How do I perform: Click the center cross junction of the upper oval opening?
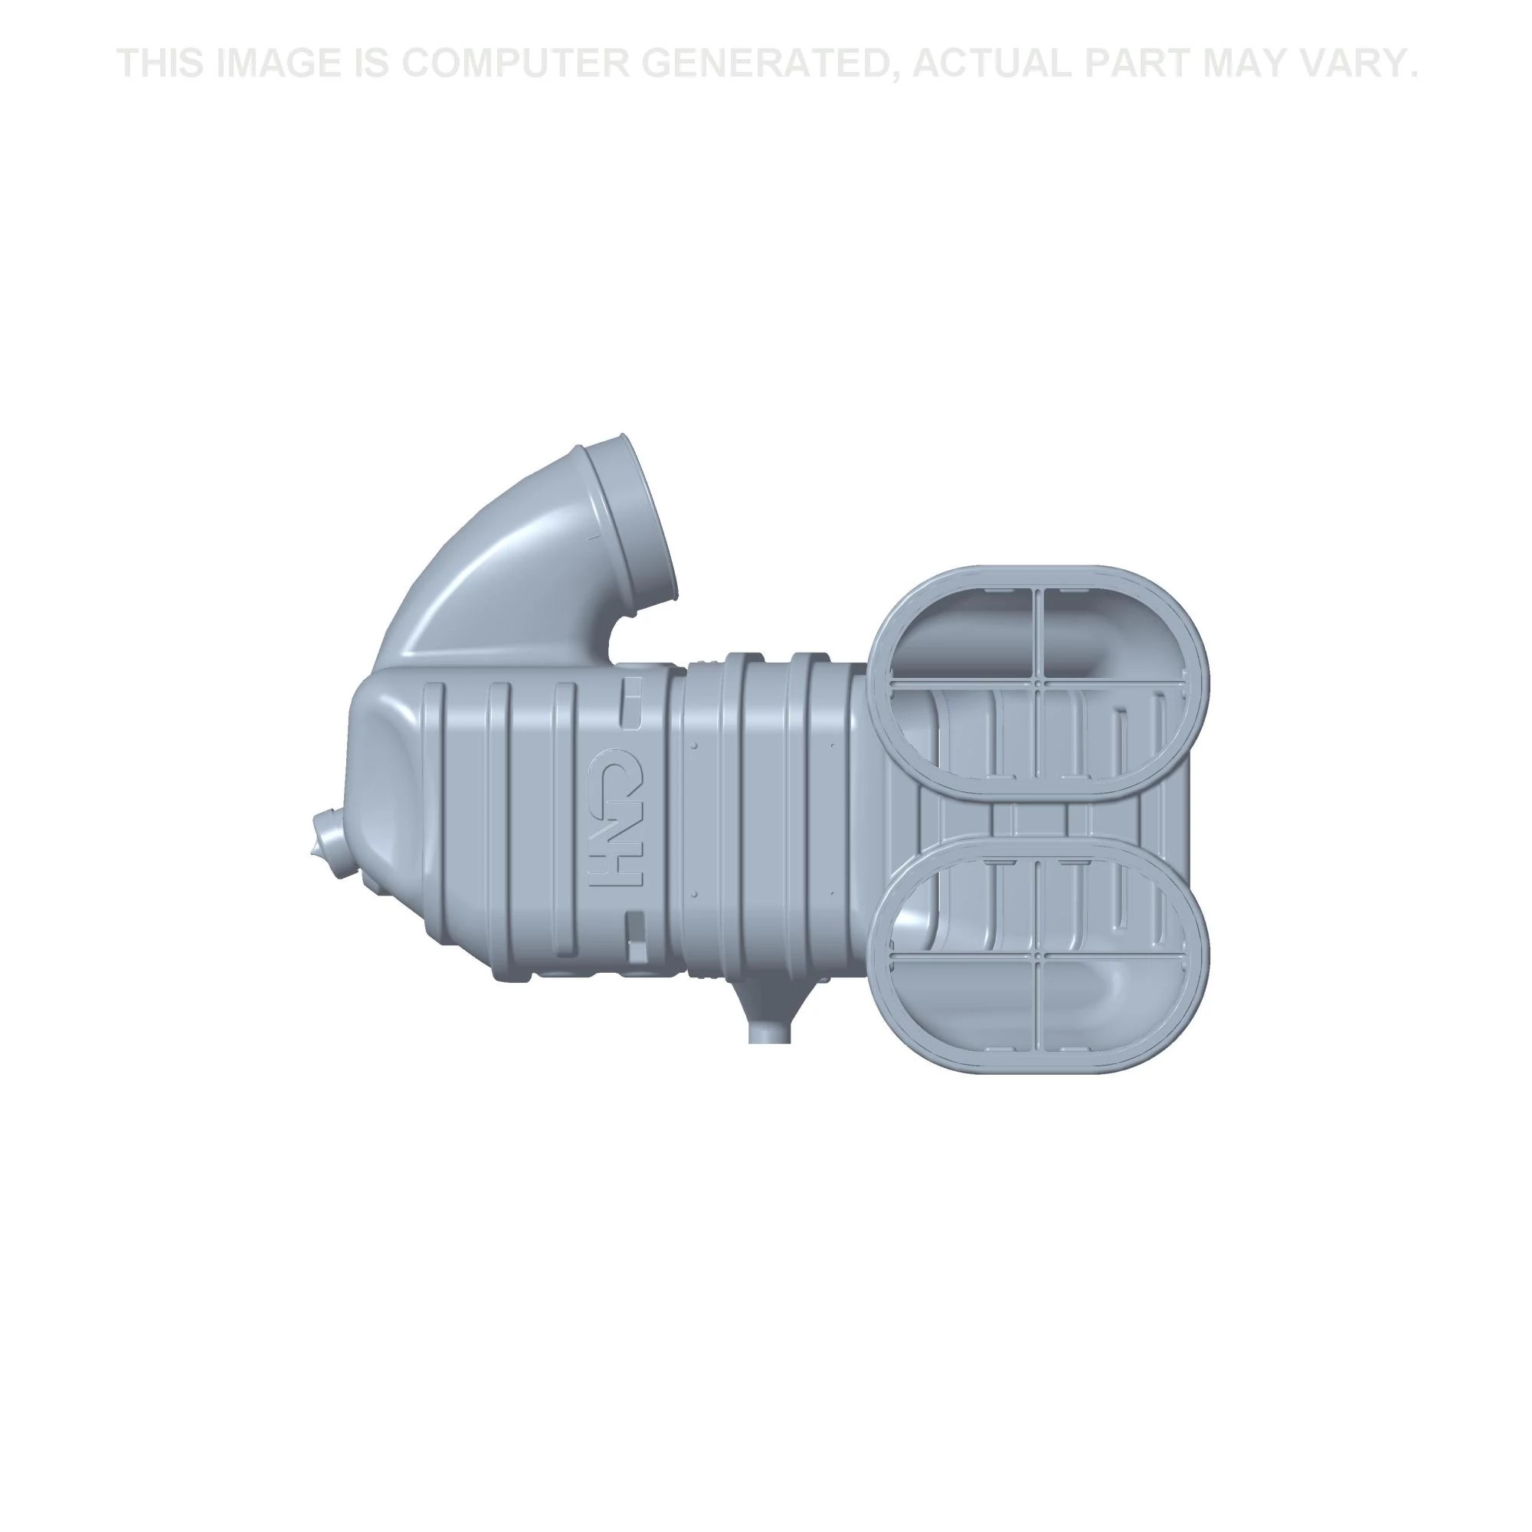[x=1038, y=679]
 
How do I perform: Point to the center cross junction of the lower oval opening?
[x=1038, y=959]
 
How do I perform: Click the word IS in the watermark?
[x=372, y=64]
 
